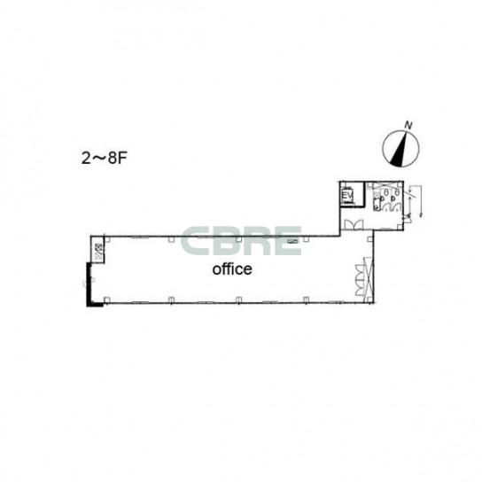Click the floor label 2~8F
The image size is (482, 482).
105,159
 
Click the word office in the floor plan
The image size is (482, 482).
232,269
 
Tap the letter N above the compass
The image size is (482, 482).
408,126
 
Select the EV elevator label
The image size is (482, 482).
347,196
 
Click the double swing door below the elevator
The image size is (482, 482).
354,224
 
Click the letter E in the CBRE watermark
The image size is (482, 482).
288,241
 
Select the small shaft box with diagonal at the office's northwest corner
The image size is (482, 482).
98,249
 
